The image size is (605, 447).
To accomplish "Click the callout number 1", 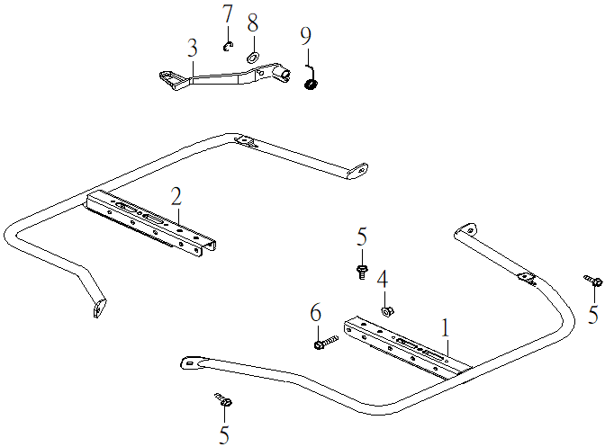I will pos(444,329).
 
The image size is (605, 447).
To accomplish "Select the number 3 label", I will pos(193,49).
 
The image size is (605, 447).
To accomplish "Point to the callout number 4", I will pos(383,279).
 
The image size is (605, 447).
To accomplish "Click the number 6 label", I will pos(315,313).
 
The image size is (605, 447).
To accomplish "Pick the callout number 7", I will pos(227,15).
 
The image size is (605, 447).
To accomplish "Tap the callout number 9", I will pos(306,37).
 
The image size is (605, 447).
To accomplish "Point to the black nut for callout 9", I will pos(312,84).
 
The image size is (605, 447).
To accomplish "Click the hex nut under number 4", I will pos(384,311).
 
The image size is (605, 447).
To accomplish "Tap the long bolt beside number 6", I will pos(325,343).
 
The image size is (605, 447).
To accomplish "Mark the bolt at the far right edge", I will pos(593,282).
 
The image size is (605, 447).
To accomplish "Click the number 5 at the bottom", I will pos(224,436).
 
